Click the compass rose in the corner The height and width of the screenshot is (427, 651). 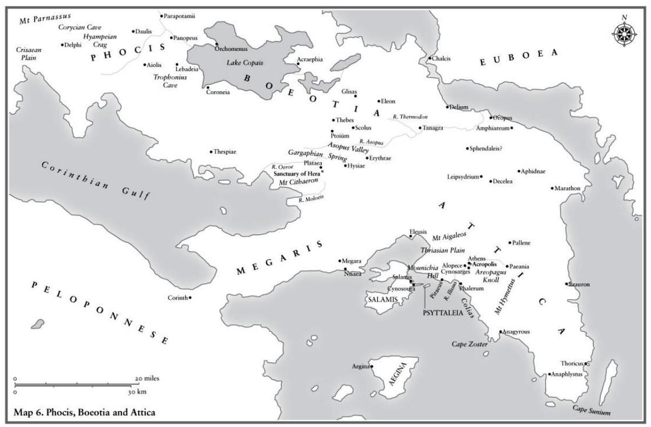[x=624, y=33]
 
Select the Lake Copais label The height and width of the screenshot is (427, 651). [x=249, y=63]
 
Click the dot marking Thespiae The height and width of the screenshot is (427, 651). [x=211, y=152]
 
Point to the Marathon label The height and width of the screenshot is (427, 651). [x=568, y=188]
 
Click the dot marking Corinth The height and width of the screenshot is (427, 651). [x=191, y=297]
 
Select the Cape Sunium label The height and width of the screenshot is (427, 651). [x=591, y=411]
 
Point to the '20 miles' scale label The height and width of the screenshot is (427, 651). [x=146, y=378]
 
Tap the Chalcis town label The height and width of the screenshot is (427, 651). [x=442, y=58]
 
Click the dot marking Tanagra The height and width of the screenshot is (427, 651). [x=420, y=128]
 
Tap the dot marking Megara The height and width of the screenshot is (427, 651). [x=340, y=261]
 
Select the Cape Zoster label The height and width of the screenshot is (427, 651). [x=470, y=344]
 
